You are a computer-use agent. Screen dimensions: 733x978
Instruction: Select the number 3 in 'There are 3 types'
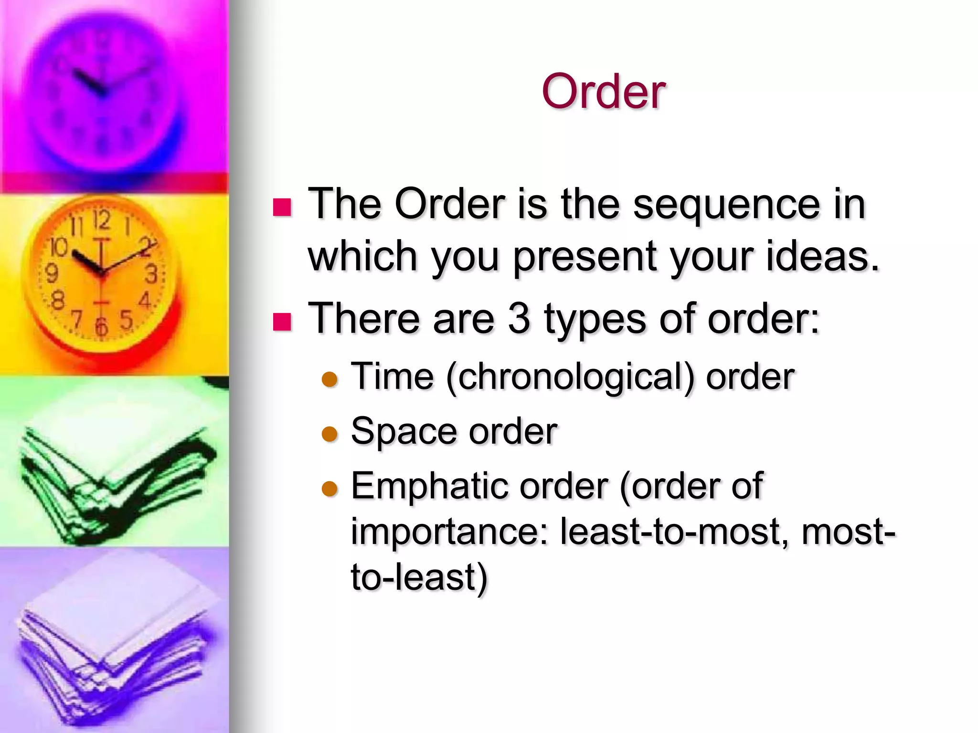(x=519, y=318)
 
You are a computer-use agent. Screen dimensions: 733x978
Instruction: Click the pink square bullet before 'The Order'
(x=282, y=207)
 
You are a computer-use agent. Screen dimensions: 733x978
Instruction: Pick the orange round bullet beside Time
(x=330, y=380)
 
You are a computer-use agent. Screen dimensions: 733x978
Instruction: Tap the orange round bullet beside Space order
(x=330, y=434)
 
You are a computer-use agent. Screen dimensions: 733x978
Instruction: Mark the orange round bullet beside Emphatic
(x=330, y=489)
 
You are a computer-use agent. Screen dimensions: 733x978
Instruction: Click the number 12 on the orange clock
(x=102, y=221)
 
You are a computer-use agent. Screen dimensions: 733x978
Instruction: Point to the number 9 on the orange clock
(x=51, y=273)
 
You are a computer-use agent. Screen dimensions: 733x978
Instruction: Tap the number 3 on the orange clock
(x=151, y=274)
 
